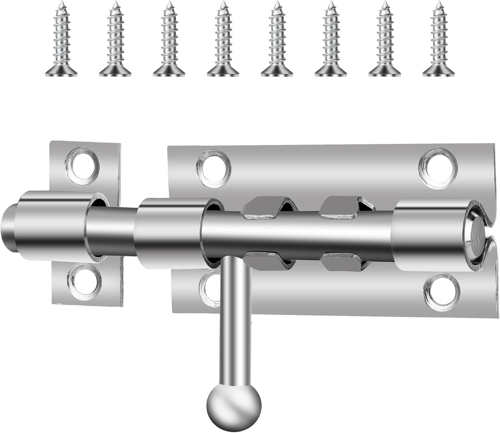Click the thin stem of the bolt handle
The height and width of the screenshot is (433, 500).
235,320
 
